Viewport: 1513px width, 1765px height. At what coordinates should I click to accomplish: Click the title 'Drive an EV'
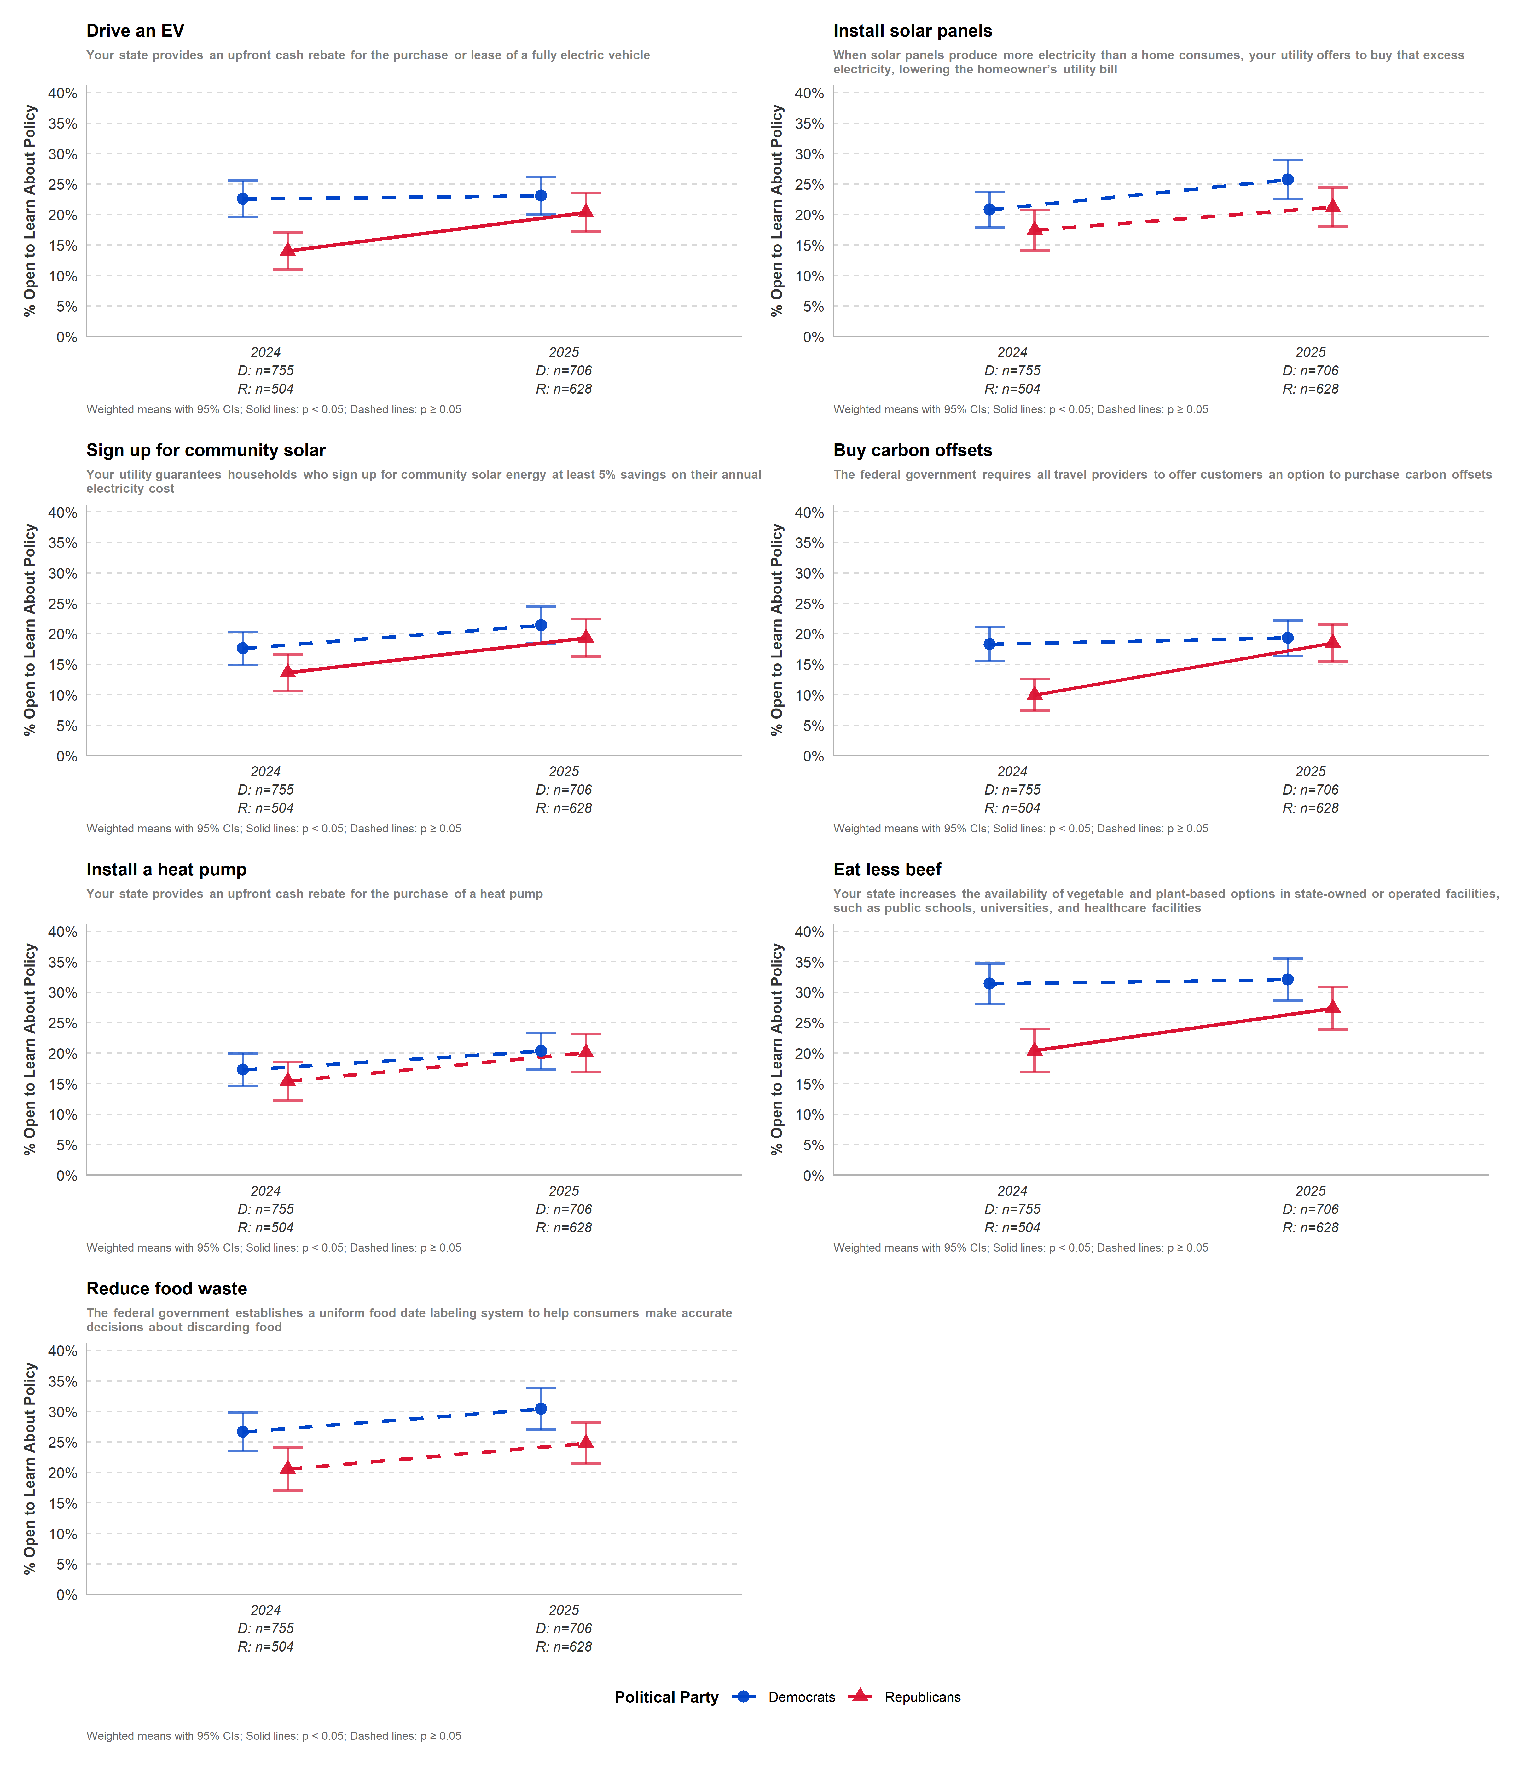(135, 31)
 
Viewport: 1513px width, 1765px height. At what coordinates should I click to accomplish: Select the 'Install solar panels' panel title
(913, 31)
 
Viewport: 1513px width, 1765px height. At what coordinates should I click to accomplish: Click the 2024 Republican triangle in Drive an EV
(288, 250)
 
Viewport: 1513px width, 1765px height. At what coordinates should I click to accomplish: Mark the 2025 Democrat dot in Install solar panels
(1287, 180)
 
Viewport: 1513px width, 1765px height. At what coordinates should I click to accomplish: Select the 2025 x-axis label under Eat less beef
(1310, 1191)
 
